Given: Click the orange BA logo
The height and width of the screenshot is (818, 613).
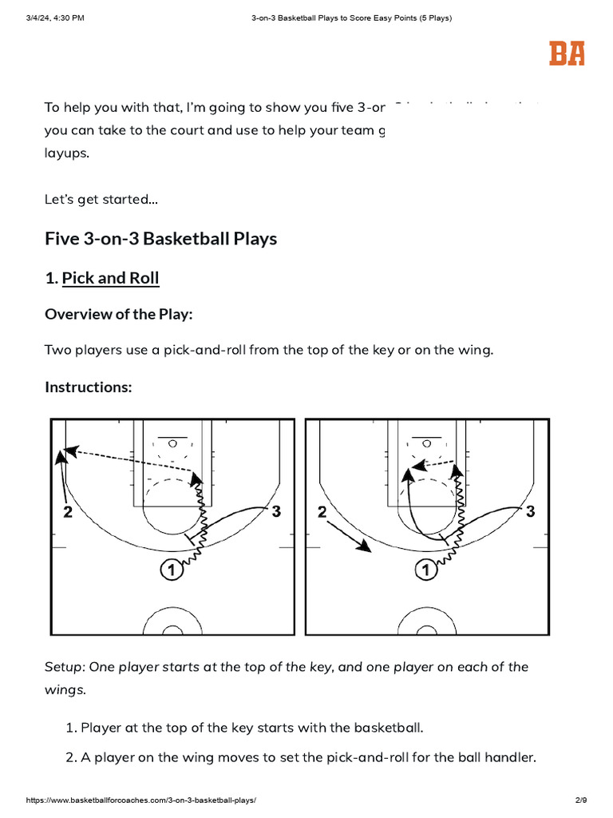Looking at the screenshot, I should coord(567,53).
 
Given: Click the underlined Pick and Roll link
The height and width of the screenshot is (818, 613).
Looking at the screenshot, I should coord(110,278).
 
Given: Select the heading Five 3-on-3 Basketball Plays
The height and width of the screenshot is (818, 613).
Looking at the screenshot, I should coord(160,239).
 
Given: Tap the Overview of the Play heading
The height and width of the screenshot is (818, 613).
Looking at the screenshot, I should coord(118,314).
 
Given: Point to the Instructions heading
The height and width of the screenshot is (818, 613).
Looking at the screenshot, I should coord(88,387).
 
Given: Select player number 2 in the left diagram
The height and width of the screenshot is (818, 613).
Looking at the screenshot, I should coord(68,513).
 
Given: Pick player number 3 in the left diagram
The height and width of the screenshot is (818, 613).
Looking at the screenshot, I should coord(276,511).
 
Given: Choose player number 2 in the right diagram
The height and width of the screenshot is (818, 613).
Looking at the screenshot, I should coord(322,513).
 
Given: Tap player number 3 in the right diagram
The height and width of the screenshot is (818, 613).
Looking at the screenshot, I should coord(530,511).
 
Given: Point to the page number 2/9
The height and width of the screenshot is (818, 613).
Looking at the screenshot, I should coord(580,800).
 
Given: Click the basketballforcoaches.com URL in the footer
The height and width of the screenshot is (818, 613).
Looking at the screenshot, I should coord(142,800).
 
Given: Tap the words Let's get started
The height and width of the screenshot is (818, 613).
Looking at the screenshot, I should coord(101,200).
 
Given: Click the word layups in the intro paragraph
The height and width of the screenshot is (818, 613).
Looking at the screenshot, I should coord(67,153).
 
